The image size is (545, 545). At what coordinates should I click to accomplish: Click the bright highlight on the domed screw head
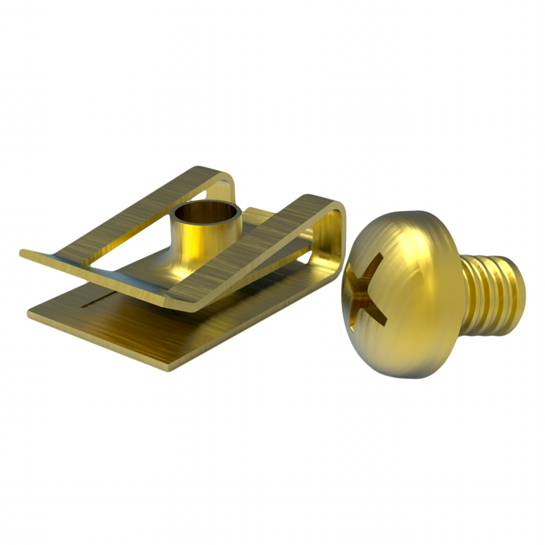pos(410,250)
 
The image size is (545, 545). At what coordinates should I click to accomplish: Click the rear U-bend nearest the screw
pos(333,234)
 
